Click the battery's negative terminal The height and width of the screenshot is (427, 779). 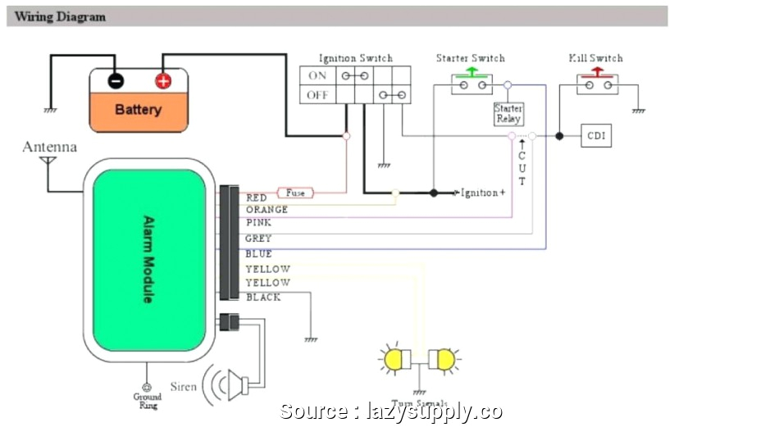click(116, 80)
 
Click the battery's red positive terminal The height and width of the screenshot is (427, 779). click(163, 80)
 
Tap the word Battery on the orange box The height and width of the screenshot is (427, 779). click(138, 110)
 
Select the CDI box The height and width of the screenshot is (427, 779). click(596, 136)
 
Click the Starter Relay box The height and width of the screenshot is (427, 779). click(508, 114)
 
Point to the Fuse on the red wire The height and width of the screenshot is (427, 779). click(295, 193)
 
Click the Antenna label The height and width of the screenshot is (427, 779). click(49, 148)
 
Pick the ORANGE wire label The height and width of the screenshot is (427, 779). click(266, 210)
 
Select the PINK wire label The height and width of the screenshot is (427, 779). click(258, 223)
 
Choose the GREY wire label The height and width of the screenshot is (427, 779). click(258, 238)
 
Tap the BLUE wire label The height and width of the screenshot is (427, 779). click(258, 254)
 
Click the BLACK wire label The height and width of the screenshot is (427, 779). click(263, 298)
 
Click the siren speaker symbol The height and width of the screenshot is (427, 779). click(235, 384)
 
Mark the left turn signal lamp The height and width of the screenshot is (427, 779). click(395, 360)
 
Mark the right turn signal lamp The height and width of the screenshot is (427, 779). click(444, 360)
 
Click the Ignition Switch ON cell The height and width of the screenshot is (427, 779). click(317, 75)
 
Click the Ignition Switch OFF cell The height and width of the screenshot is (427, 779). click(317, 95)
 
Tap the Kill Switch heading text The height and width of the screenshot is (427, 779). click(595, 58)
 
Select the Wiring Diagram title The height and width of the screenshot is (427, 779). click(60, 16)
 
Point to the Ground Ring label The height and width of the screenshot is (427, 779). click(147, 401)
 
